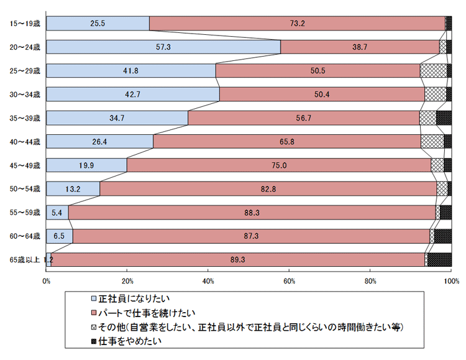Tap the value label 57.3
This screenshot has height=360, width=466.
pyautogui.click(x=163, y=47)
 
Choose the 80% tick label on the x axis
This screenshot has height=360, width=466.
pyautogui.click(x=370, y=280)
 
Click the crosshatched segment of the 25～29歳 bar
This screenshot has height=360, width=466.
pyautogui.click(x=433, y=70)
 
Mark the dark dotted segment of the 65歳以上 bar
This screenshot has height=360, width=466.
pyautogui.click(x=439, y=259)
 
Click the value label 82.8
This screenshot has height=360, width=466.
pyautogui.click(x=268, y=188)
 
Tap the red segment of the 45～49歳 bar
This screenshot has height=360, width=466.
pyautogui.click(x=278, y=165)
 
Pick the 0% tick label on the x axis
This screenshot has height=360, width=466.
pyautogui.click(x=46, y=280)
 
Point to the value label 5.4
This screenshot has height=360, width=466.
pyautogui.click(x=57, y=213)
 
